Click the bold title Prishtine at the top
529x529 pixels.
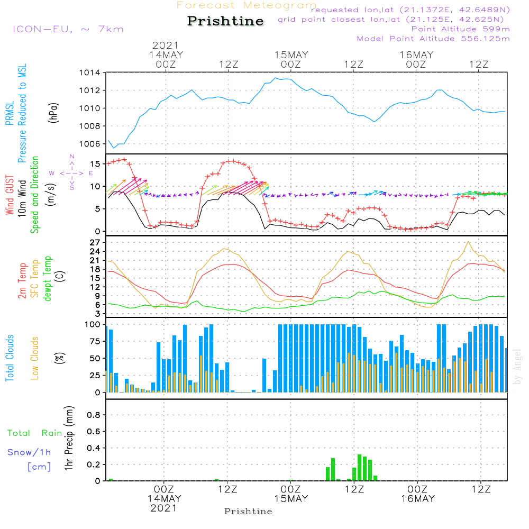tap(225, 21)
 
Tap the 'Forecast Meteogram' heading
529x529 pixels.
tap(247, 5)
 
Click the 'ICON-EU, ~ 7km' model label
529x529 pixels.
tap(68, 29)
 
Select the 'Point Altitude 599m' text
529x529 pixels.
tap(461, 29)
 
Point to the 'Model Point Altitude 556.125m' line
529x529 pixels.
tap(433, 39)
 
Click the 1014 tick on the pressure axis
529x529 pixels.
tap(90, 72)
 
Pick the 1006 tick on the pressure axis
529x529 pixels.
tap(90, 144)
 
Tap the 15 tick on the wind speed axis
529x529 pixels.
tap(95, 164)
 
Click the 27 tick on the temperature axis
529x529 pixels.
tap(95, 243)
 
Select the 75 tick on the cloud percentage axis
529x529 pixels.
tap(95, 341)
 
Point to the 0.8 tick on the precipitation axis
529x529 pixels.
tap(94, 415)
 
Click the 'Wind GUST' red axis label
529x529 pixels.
tap(10, 195)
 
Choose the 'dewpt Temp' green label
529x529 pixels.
tap(47, 278)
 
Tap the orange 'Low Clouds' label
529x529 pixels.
tap(34, 358)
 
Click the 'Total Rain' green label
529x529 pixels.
tap(35, 433)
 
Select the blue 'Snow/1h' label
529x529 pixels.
tap(29, 452)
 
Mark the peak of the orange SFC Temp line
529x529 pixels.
tap(468, 242)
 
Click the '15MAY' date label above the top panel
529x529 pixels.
tap(291, 54)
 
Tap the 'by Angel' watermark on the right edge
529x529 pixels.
tap(517, 367)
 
